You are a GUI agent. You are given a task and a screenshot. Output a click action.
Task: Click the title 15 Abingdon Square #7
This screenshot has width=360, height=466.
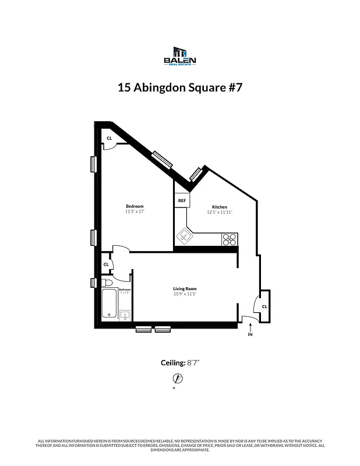[179, 88]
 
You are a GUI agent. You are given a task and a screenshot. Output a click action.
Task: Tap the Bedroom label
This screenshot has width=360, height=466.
[135, 206]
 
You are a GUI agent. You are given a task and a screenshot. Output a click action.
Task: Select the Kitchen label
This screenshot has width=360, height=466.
[220, 207]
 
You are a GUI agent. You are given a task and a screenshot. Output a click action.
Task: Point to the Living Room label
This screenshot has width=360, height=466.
[185, 289]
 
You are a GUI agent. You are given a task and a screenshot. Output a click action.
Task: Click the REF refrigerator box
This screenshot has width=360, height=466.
[181, 200]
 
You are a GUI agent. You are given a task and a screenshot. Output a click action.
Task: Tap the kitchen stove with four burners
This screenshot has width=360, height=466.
[230, 239]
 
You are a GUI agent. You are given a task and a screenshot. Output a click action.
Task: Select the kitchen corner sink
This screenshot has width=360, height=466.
[185, 236]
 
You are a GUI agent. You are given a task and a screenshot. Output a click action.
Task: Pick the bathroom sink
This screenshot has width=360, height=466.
[125, 315]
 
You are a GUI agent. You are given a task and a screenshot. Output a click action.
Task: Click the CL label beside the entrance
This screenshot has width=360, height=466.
[264, 306]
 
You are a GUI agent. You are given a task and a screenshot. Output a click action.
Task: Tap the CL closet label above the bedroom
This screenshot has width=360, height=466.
[109, 139]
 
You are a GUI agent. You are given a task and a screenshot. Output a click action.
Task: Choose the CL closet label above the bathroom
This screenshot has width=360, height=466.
[106, 264]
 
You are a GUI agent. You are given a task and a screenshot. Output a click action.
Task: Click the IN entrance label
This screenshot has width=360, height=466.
[250, 335]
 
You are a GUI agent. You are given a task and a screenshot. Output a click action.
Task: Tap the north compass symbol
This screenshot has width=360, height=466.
[178, 379]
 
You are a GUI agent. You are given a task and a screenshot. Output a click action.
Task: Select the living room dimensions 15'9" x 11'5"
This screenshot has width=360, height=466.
[185, 294]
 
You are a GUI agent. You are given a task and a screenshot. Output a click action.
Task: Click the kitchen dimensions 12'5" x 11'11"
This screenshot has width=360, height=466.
[220, 213]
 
